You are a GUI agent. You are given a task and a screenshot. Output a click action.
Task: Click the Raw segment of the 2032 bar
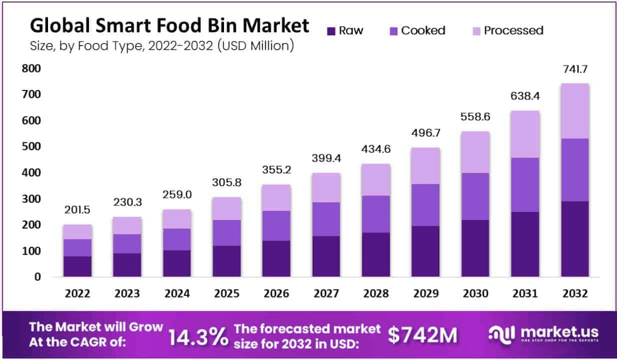(x=575, y=239)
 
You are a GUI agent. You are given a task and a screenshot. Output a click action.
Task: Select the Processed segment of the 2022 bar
(x=77, y=232)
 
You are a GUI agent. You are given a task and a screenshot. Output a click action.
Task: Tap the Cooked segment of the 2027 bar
(x=326, y=219)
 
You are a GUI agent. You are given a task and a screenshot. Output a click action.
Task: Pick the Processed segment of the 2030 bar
(x=475, y=152)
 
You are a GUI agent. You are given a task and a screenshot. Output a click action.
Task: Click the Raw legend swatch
(x=331, y=31)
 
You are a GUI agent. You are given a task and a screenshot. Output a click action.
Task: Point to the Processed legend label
(x=513, y=30)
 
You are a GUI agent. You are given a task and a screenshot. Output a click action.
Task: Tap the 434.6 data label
(x=376, y=150)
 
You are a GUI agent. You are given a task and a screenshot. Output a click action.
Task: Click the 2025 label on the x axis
(x=226, y=294)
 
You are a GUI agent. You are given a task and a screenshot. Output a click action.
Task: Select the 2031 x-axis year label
(x=525, y=294)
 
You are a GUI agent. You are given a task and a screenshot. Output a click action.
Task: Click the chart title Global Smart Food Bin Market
(x=169, y=25)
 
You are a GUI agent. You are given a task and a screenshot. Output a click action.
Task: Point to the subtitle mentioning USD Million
(x=161, y=46)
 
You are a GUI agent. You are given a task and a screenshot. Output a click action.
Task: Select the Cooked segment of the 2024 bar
(x=176, y=239)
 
